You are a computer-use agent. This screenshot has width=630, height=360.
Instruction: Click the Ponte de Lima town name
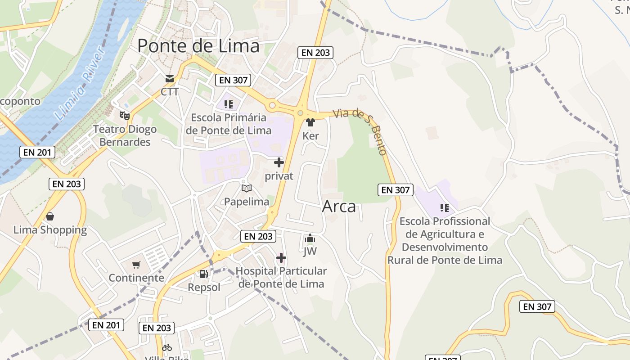pyautogui.click(x=198, y=46)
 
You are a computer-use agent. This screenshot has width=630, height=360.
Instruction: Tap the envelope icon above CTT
pyautogui.click(x=170, y=79)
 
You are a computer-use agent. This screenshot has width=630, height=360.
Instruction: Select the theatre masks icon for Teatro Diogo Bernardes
pyautogui.click(x=125, y=116)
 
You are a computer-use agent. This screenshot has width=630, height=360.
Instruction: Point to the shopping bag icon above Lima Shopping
pyautogui.click(x=50, y=216)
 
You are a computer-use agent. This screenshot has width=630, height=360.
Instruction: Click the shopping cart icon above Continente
pyautogui.click(x=136, y=265)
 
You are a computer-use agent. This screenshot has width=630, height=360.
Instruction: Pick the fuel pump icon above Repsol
pyautogui.click(x=204, y=274)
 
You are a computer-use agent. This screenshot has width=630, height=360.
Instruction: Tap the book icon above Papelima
pyautogui.click(x=246, y=188)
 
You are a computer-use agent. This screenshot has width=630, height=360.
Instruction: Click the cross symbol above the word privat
pyautogui.click(x=279, y=162)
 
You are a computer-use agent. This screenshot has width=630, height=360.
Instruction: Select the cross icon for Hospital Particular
pyautogui.click(x=281, y=258)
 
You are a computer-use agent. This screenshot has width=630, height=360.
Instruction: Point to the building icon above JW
pyautogui.click(x=310, y=238)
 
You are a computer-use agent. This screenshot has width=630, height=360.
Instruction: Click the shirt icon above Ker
pyautogui.click(x=310, y=122)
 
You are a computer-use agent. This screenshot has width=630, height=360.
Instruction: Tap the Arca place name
pyautogui.click(x=339, y=207)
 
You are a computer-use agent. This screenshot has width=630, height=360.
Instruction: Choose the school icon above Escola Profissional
pyautogui.click(x=445, y=208)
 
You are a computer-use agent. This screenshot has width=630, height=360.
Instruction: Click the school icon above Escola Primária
pyautogui.click(x=229, y=104)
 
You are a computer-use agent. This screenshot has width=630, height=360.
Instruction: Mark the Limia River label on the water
pyautogui.click(x=79, y=85)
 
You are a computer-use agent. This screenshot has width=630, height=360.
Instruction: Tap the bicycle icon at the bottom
pyautogui.click(x=167, y=347)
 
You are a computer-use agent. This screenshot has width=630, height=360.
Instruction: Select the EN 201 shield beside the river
pyautogui.click(x=38, y=152)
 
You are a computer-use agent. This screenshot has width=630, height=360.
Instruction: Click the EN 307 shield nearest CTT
pyautogui.click(x=233, y=80)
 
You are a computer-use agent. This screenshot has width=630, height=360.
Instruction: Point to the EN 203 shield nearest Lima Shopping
pyautogui.click(x=67, y=184)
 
